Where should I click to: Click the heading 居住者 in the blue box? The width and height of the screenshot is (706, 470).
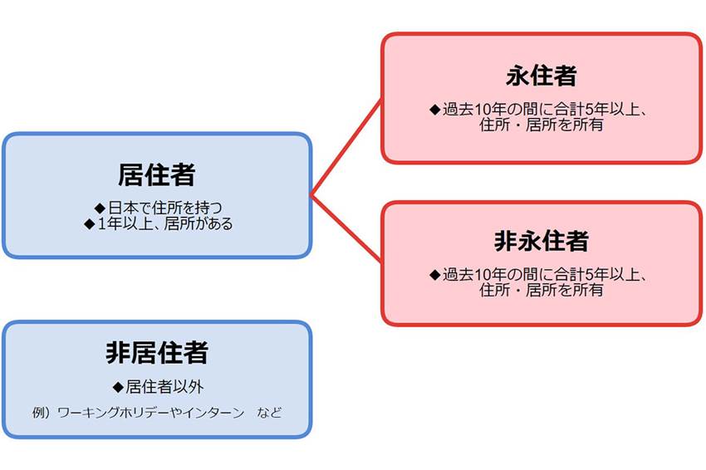(157, 174)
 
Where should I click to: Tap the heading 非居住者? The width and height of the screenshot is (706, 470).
(157, 352)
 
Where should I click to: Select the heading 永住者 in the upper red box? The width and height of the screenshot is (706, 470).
(542, 76)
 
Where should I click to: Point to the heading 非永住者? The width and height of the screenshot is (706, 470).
(542, 241)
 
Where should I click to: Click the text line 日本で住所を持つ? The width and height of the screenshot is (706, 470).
(165, 208)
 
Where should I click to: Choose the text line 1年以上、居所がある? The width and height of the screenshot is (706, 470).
(164, 223)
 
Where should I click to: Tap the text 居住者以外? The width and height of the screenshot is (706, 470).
(164, 387)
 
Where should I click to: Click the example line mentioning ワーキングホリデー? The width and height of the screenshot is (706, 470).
(157, 413)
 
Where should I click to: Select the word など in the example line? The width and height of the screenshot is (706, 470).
(269, 413)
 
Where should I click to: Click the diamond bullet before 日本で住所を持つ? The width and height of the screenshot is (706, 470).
(100, 208)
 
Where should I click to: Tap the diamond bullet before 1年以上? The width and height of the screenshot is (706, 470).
(90, 223)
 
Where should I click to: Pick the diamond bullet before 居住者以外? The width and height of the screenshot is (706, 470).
(118, 387)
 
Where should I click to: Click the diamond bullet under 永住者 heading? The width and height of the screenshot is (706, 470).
(435, 110)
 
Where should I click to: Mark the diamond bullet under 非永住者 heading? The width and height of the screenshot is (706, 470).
(435, 275)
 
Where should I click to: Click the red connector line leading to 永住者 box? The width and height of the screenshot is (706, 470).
(346, 148)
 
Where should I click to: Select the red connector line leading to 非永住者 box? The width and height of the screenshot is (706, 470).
(346, 228)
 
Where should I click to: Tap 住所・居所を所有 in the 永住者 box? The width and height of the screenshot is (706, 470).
(542, 125)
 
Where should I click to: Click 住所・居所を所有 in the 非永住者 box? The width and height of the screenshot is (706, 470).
(542, 290)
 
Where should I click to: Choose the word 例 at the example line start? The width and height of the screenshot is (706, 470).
(39, 413)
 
